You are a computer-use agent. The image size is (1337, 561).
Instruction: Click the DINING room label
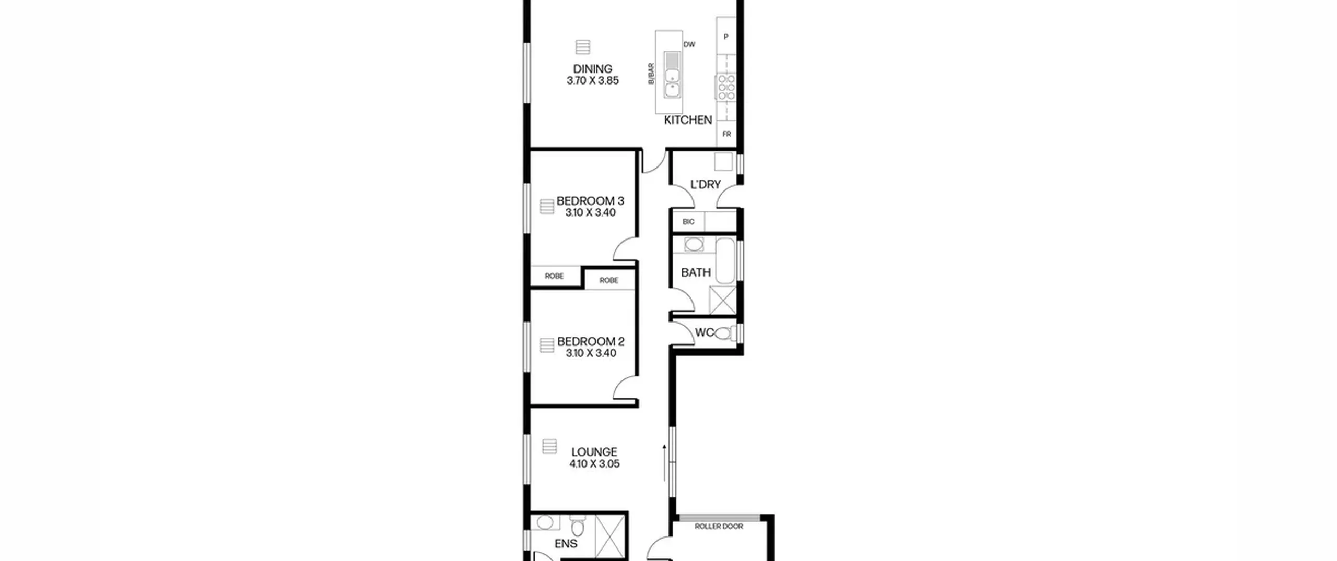tap(592, 69)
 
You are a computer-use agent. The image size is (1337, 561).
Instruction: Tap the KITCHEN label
tap(688, 120)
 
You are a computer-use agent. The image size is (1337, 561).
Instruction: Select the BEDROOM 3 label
tap(590, 201)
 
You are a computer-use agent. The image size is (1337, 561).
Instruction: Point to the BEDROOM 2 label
tap(591, 341)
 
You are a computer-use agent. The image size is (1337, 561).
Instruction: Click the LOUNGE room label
tap(594, 452)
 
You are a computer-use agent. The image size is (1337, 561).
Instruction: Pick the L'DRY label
tap(706, 184)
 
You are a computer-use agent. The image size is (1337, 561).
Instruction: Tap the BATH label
tap(696, 272)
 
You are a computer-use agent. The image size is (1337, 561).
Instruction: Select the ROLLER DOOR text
tap(719, 527)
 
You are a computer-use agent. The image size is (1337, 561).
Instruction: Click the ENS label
tap(566, 544)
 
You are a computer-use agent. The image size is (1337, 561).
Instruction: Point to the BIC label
tap(688, 222)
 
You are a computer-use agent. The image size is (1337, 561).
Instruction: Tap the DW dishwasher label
tap(689, 45)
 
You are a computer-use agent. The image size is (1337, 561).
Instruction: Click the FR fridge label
tap(726, 134)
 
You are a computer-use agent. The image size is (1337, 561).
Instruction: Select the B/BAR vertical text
tap(651, 74)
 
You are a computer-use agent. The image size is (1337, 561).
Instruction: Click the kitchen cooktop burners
tap(726, 87)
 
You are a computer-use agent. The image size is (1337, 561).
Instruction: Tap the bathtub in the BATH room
tap(725, 260)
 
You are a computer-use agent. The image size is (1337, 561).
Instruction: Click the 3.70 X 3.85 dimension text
tap(593, 81)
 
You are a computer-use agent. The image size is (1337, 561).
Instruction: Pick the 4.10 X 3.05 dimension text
tap(594, 464)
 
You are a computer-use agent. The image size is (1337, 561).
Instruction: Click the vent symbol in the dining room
tap(583, 47)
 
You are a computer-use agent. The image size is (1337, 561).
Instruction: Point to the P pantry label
tap(726, 37)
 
